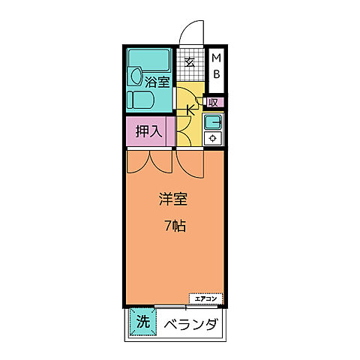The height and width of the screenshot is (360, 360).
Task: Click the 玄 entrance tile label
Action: point(190,63)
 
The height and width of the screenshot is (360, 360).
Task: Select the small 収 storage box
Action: point(214,103)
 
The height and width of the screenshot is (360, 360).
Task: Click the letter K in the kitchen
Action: point(190,110)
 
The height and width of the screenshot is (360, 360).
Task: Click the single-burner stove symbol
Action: point(214,137)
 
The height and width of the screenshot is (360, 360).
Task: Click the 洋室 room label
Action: point(172,200)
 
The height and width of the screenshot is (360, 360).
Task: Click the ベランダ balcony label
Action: point(190,325)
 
